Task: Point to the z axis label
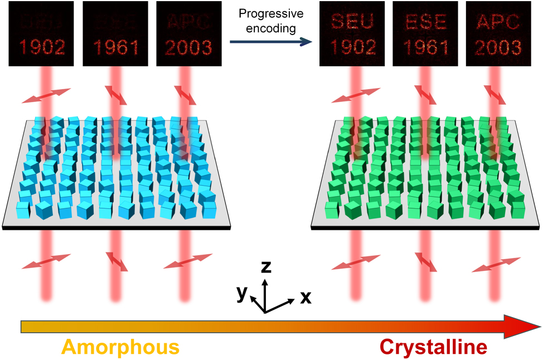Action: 266,267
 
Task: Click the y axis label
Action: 241,293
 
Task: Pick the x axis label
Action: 306,298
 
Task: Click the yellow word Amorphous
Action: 120,347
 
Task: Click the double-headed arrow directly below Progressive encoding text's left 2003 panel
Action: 185,94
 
